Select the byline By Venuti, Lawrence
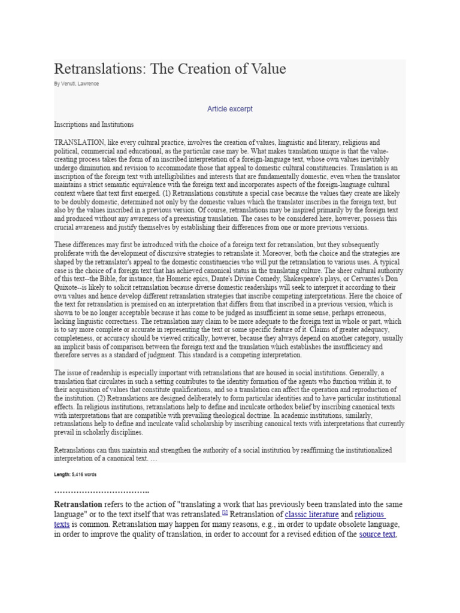[76, 84]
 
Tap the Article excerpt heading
[230, 109]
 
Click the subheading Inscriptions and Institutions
[93, 125]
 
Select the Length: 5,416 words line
[75, 474]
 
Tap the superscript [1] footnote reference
[225, 512]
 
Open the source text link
[377, 534]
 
